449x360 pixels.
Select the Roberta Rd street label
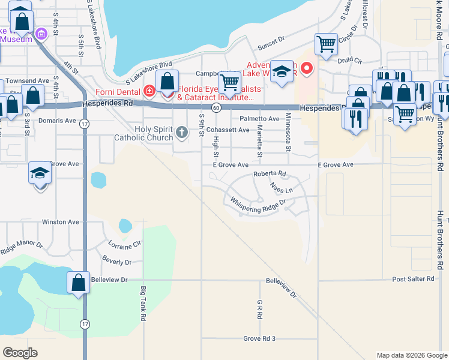click(x=270, y=174)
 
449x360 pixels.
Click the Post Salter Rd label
click(x=412, y=279)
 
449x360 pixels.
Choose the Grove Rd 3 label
click(x=259, y=339)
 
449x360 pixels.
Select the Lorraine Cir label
click(x=124, y=244)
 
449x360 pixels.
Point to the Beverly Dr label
click(x=116, y=261)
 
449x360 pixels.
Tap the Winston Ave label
click(x=61, y=222)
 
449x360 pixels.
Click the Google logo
click(x=20, y=352)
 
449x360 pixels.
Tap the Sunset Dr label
click(x=271, y=41)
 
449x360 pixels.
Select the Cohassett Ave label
click(x=228, y=130)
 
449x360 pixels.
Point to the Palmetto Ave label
click(x=260, y=119)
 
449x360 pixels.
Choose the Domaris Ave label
click(x=59, y=121)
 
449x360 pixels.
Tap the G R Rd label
click(x=260, y=309)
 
